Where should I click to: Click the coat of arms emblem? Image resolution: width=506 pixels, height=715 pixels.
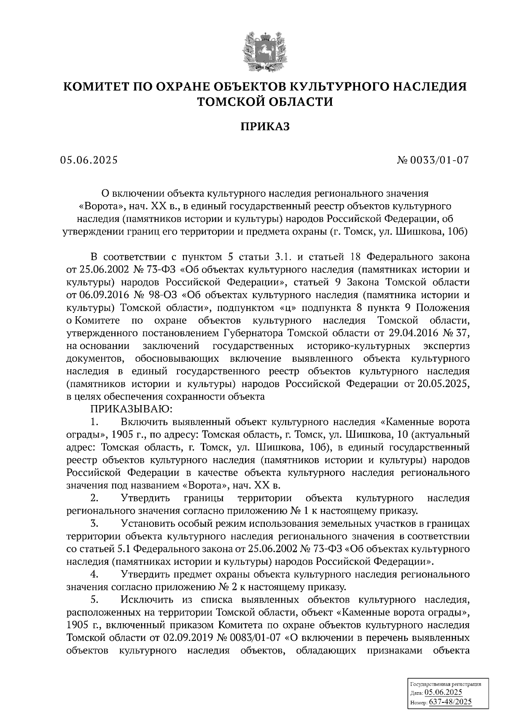tap(265, 50)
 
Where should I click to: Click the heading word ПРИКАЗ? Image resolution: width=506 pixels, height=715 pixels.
tap(265, 126)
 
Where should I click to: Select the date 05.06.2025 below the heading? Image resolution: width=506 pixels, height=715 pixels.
tap(89, 160)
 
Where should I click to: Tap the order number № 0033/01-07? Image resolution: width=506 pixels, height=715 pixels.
tap(433, 160)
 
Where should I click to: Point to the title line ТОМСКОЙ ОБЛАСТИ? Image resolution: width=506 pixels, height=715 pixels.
tap(265, 102)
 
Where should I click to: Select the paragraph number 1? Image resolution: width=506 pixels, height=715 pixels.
tap(94, 422)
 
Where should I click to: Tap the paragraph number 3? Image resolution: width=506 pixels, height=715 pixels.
tap(94, 524)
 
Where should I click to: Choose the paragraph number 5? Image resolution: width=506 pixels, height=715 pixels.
tap(94, 600)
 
